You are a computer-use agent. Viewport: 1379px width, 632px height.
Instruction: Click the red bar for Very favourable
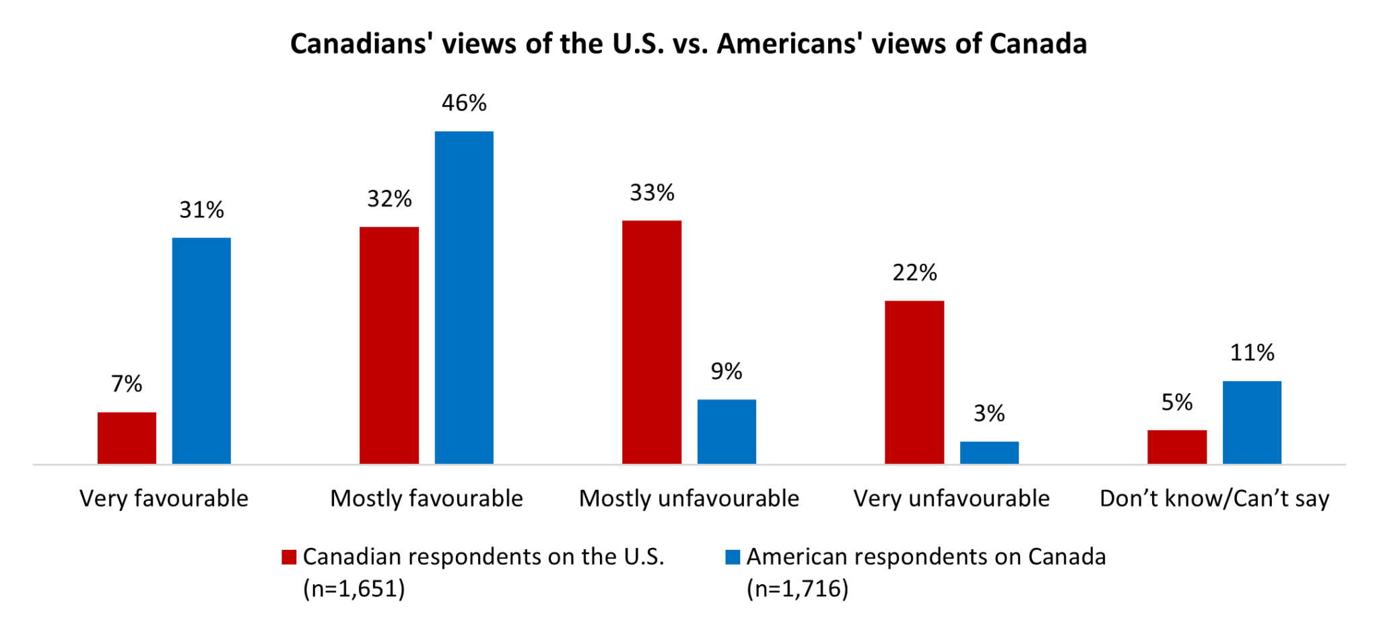coord(127,437)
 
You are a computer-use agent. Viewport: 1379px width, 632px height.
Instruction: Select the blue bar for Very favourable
coord(201,351)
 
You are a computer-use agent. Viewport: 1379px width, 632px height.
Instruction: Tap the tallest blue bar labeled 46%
coord(464,297)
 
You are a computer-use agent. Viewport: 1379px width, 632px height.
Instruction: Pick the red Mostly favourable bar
coord(389,345)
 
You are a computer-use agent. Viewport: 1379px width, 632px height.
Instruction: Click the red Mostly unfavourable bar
coord(652,342)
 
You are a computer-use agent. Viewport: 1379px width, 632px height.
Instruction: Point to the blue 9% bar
coord(727,431)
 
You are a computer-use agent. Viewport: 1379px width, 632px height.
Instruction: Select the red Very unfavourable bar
coord(914,382)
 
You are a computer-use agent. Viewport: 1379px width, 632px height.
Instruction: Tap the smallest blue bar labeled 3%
coord(989,452)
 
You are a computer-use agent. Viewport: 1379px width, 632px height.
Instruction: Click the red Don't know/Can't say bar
coord(1177,447)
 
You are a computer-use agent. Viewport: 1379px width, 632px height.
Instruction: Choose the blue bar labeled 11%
coord(1252,422)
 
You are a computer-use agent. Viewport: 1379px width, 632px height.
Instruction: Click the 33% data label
coord(652,193)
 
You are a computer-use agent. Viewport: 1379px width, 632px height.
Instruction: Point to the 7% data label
coord(127,384)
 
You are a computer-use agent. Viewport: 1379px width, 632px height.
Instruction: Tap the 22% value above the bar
coord(914,273)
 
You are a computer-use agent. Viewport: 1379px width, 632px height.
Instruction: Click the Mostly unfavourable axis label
coord(689,499)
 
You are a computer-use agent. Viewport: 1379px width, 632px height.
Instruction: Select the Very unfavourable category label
coord(951,499)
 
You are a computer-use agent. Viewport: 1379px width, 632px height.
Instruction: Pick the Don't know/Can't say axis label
coord(1214,499)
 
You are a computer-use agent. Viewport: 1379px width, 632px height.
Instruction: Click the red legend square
coord(289,557)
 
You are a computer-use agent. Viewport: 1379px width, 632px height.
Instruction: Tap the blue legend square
coord(733,557)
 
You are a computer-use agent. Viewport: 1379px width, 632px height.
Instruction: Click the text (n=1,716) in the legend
coord(797,589)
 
